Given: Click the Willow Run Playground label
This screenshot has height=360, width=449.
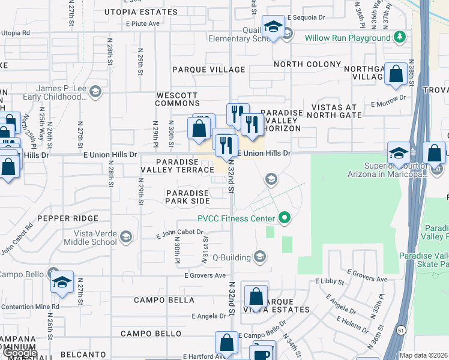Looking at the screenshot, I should (x=347, y=38).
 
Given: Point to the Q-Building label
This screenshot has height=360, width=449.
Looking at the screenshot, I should (x=231, y=258).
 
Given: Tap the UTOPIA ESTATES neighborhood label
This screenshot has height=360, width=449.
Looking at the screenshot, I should (x=141, y=11).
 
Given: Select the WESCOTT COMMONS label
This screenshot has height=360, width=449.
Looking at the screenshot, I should (x=177, y=99).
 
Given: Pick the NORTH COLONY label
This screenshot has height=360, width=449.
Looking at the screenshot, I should (x=304, y=64).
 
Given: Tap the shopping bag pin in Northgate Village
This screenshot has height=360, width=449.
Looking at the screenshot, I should (x=396, y=76).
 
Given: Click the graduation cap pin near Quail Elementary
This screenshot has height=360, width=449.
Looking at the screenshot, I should (x=274, y=28).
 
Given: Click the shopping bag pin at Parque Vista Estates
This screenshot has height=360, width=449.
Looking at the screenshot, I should (x=256, y=296).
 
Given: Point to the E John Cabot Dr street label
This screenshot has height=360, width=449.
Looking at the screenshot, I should (x=180, y=233).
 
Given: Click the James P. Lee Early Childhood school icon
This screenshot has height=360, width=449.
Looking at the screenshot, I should (x=96, y=92).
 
